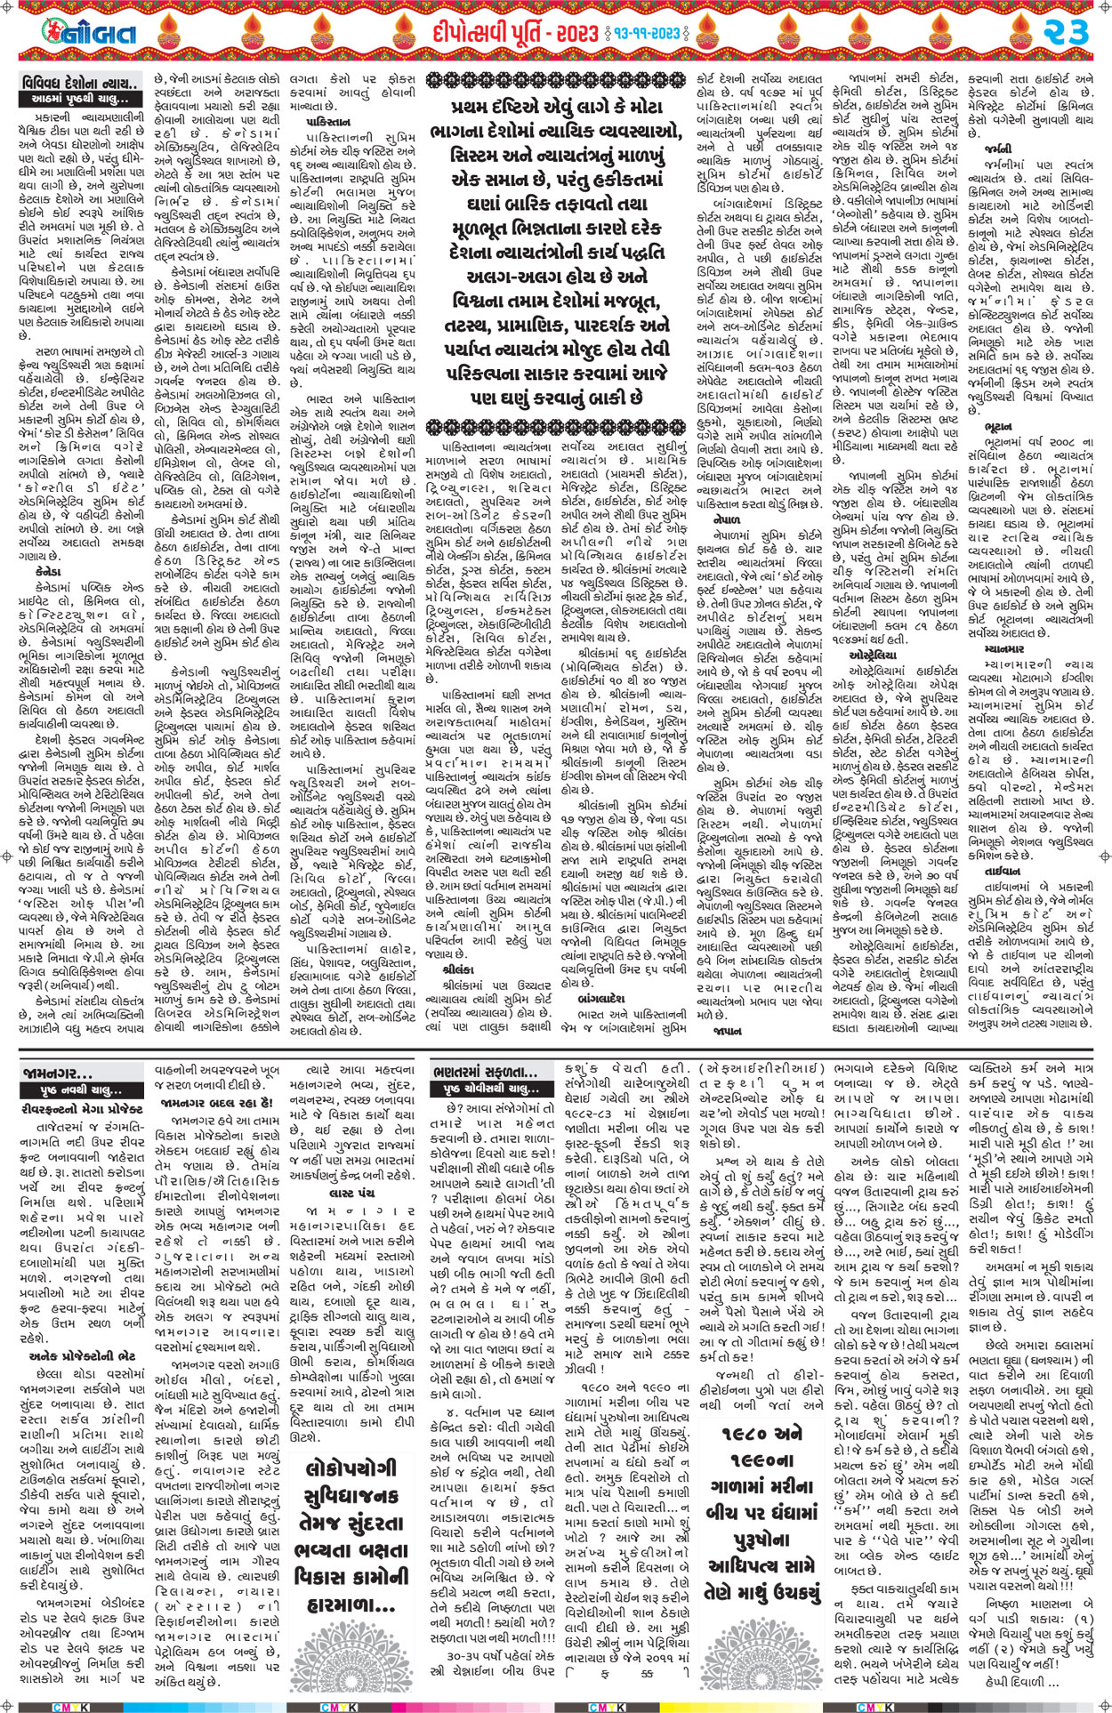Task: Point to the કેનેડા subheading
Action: (x=49, y=574)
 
